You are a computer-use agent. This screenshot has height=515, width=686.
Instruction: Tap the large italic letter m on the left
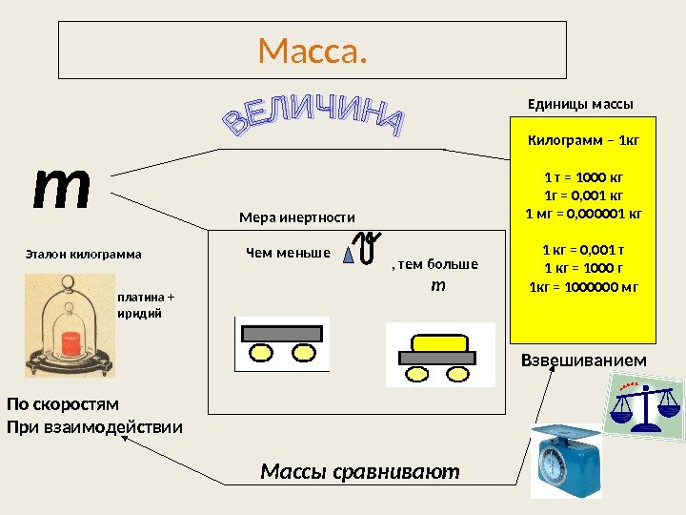point(62,188)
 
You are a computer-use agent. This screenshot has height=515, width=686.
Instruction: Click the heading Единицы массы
point(580,103)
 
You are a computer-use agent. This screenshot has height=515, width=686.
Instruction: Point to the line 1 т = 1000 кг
point(584,176)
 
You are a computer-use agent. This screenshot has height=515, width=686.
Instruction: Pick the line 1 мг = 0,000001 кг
point(584,212)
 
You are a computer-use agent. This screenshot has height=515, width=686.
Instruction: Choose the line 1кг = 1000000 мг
point(584,286)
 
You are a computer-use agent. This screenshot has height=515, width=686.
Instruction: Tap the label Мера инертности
point(296,217)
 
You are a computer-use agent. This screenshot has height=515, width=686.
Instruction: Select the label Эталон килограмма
point(82,255)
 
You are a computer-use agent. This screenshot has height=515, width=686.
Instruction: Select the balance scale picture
point(643,404)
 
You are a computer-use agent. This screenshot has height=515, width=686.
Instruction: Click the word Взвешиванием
point(583,360)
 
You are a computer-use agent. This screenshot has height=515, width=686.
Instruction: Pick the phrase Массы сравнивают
point(360,471)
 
